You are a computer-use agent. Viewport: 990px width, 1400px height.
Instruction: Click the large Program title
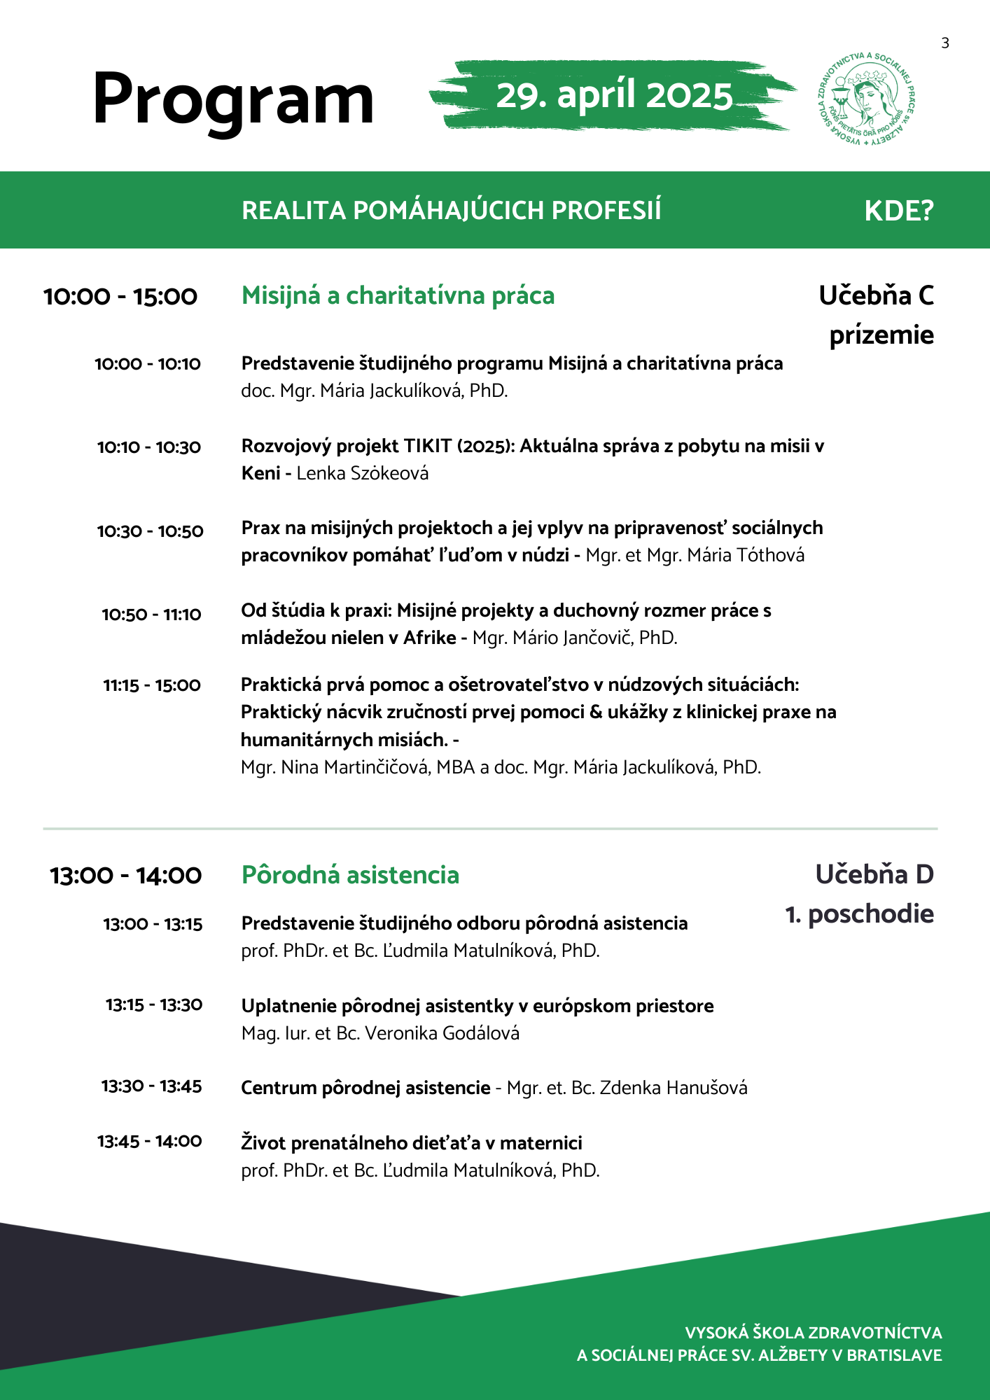(233, 100)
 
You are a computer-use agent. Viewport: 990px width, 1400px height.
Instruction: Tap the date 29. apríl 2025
(614, 95)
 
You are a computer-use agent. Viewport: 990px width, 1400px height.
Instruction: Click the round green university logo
(867, 98)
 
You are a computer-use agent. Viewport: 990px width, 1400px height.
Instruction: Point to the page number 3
(945, 43)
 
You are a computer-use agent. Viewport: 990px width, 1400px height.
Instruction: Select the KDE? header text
(899, 211)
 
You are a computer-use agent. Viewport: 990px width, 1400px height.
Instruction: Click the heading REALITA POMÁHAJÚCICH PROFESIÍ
(451, 211)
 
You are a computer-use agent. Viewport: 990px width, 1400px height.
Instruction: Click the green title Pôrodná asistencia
(350, 875)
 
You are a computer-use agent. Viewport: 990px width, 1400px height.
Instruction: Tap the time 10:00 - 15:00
(120, 297)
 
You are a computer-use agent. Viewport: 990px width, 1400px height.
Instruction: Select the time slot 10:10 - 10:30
(149, 447)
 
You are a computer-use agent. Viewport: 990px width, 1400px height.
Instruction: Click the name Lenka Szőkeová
(362, 473)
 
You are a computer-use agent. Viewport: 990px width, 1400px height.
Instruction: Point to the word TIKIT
(428, 447)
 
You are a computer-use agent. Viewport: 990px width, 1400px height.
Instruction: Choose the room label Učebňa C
(876, 296)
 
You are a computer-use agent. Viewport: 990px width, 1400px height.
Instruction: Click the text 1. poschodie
(860, 914)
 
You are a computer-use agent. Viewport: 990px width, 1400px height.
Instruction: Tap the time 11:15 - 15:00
(152, 685)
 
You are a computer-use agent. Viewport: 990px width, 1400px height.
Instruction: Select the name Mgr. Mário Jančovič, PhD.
(575, 638)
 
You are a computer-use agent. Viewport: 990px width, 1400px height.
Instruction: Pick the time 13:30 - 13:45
(151, 1086)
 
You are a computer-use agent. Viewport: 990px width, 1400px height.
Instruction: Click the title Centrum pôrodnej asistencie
(365, 1088)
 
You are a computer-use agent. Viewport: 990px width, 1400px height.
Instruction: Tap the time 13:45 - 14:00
(150, 1142)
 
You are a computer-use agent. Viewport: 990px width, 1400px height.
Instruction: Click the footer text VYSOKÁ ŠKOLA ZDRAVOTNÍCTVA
(813, 1333)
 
